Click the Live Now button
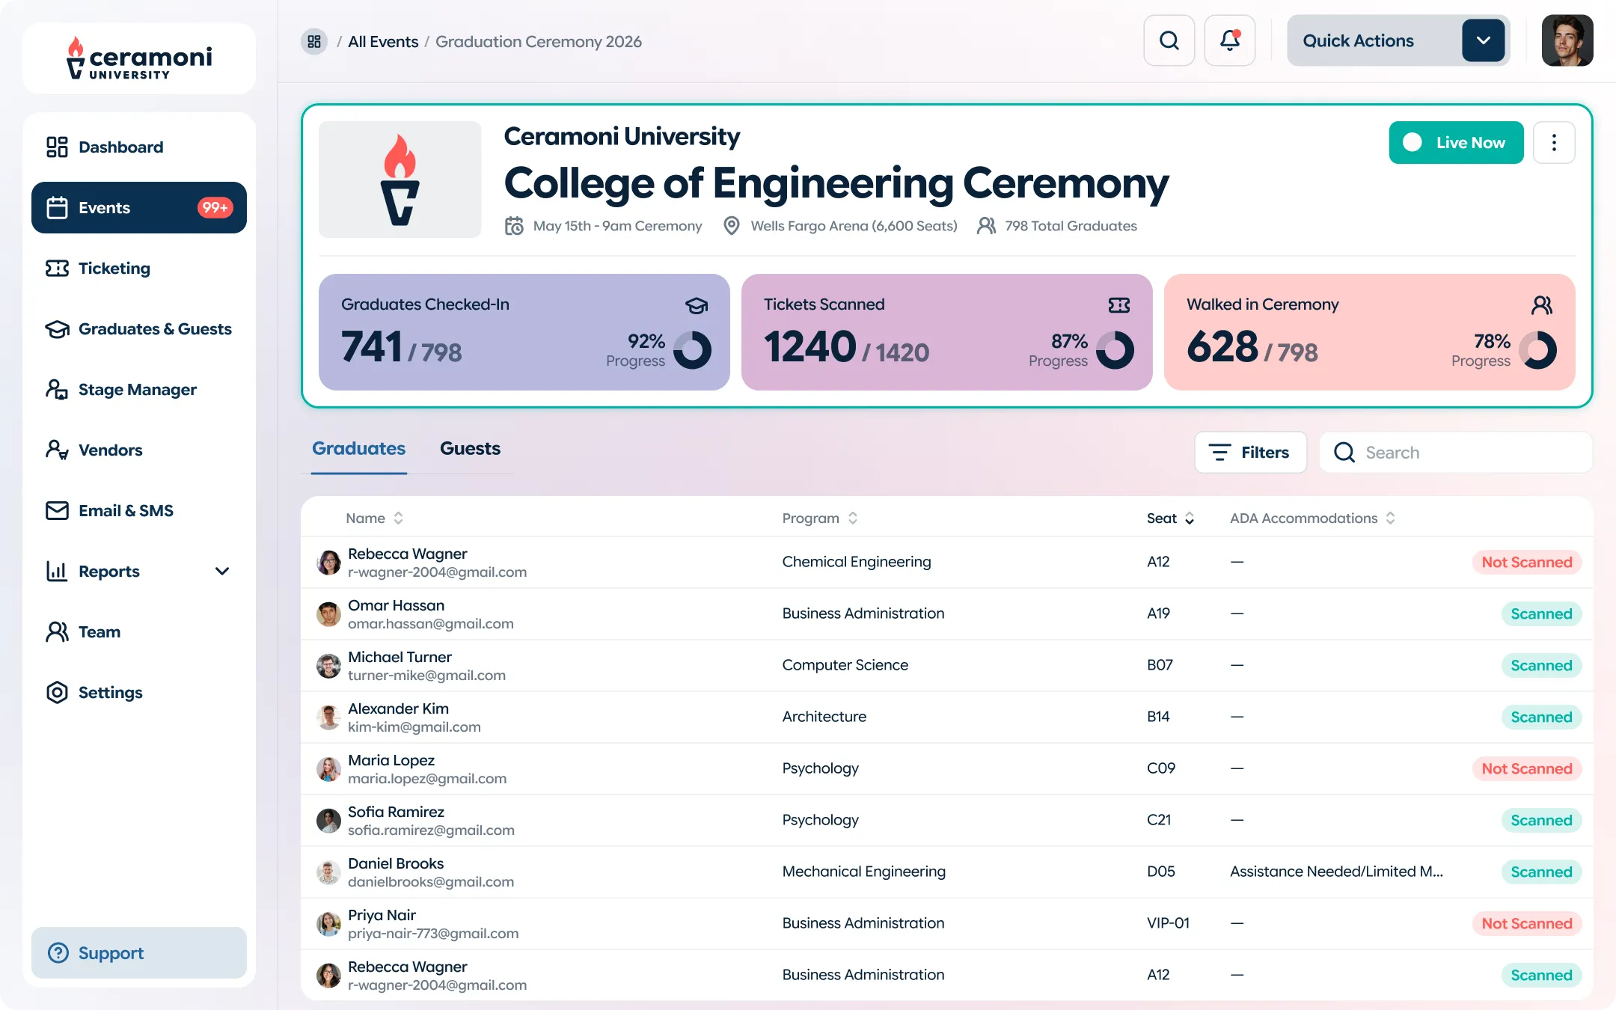pos(1455,142)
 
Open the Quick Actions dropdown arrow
pos(1483,41)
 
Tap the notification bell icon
pos(1229,41)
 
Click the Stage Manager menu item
pos(138,390)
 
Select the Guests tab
pos(470,449)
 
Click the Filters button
pos(1250,453)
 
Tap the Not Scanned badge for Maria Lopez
pos(1526,769)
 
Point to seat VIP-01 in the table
pos(1168,923)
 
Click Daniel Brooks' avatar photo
pos(328,872)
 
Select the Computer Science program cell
pos(845,665)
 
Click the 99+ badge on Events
pos(215,208)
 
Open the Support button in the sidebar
pos(139,953)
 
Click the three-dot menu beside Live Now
pos(1554,142)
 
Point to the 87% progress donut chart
pos(1115,350)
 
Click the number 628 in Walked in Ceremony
pos(1222,347)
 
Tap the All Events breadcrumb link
pos(383,42)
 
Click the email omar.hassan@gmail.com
pos(430,624)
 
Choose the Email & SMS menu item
pos(126,511)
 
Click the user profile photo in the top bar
pos(1567,41)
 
